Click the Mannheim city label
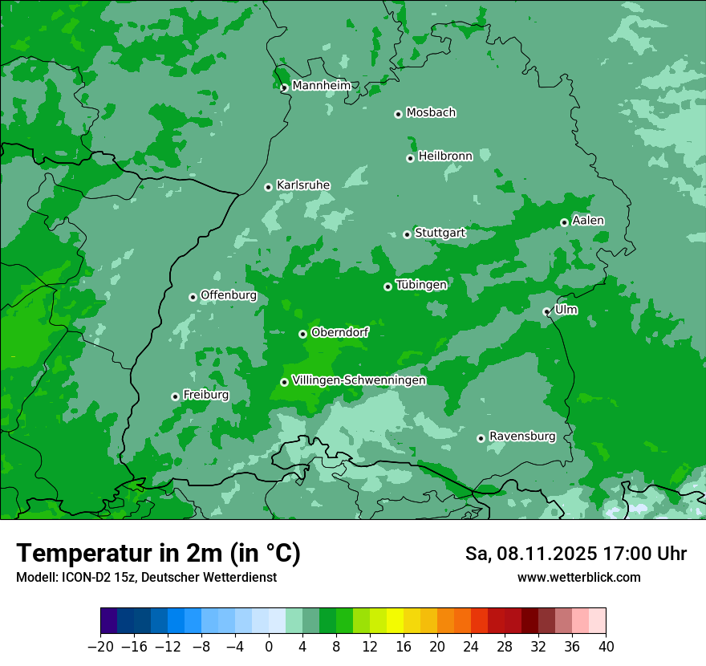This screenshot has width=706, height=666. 321,86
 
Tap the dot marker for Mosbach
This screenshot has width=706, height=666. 398,114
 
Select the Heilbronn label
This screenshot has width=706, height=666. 445,156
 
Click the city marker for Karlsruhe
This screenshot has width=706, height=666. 269,187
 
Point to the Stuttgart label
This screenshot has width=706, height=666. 440,233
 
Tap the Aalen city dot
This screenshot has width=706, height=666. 564,222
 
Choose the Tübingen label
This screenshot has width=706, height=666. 421,285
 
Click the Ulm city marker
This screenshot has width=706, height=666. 547,311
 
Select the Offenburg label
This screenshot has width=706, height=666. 229,295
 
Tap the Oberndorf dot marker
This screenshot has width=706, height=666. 302,334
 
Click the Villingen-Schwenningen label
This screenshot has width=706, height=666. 359,380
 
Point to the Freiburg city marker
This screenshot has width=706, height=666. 175,396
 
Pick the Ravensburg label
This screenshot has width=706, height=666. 522,437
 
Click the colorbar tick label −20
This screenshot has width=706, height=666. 100,647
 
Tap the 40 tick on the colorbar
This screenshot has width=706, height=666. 606,647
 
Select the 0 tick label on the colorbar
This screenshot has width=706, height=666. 269,647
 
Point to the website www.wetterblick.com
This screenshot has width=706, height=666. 578,577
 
